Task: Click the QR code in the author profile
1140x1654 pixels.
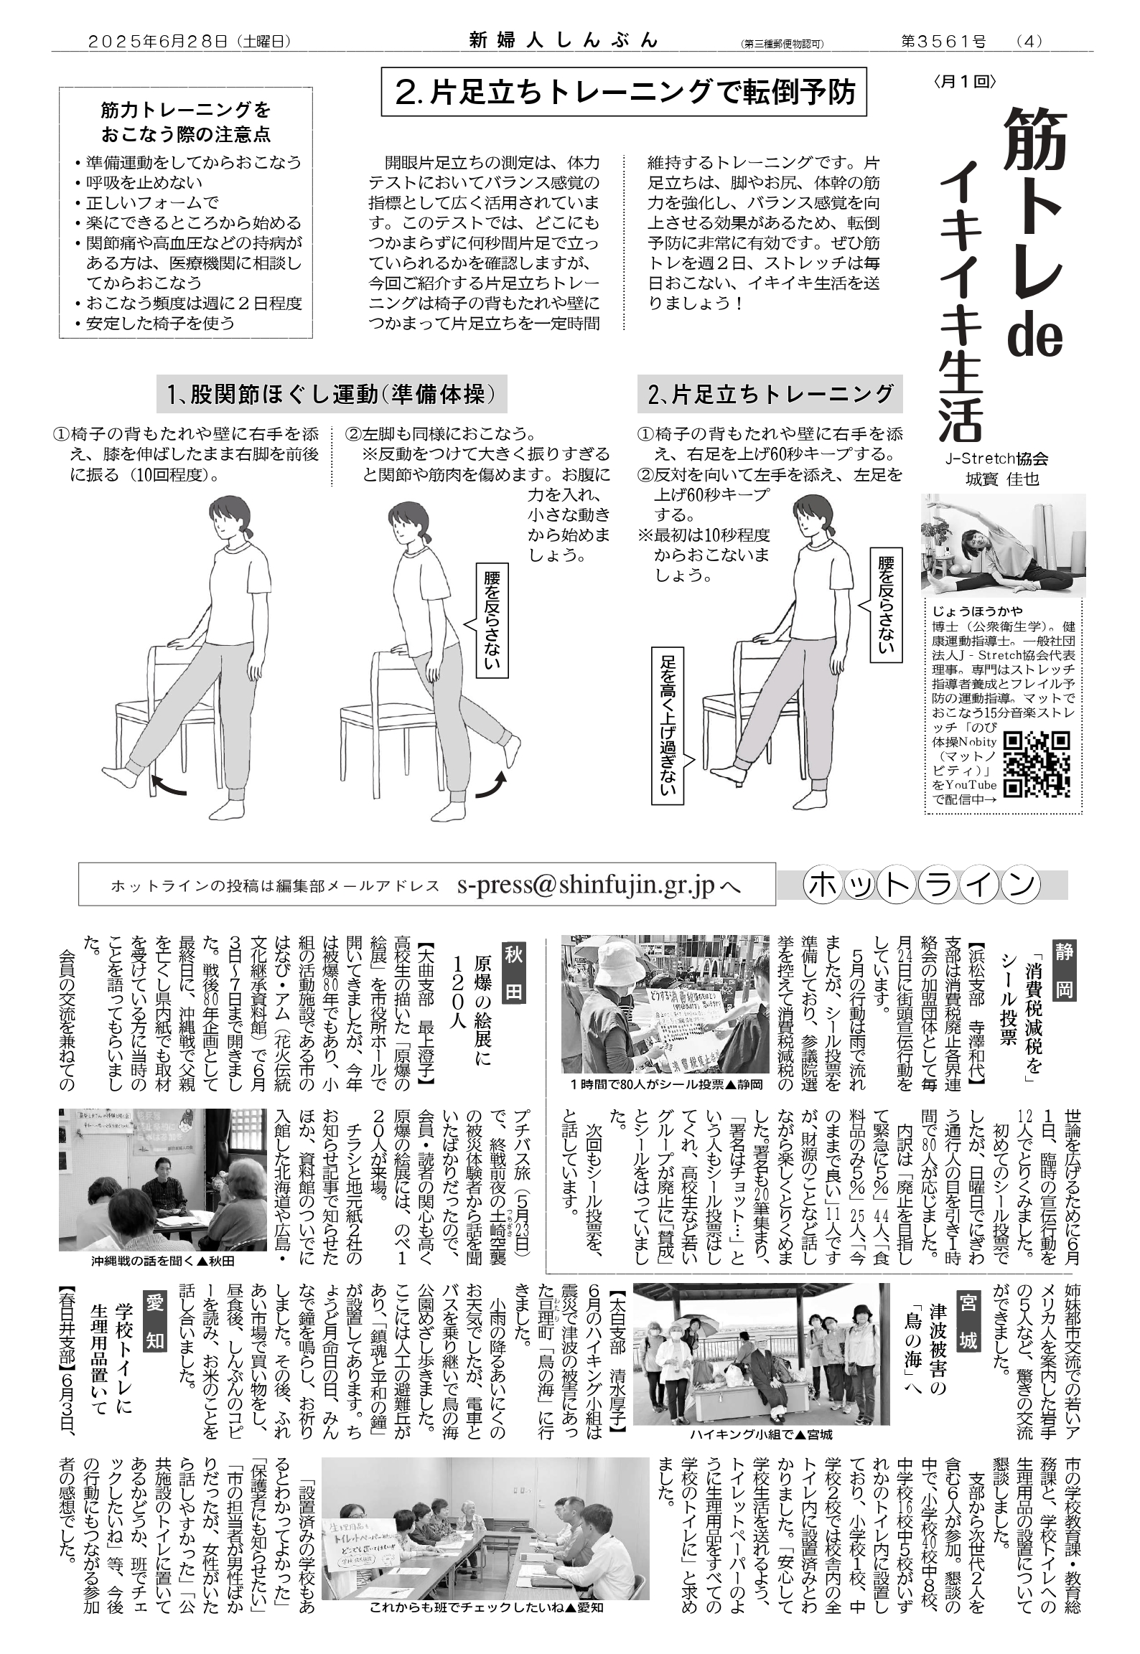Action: (x=1036, y=764)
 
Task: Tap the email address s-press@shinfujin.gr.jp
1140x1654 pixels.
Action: (x=587, y=886)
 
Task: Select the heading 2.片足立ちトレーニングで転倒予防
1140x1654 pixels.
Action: (x=624, y=91)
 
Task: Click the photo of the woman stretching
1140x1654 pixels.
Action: (x=1004, y=545)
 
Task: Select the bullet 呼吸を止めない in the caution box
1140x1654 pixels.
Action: (x=139, y=184)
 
